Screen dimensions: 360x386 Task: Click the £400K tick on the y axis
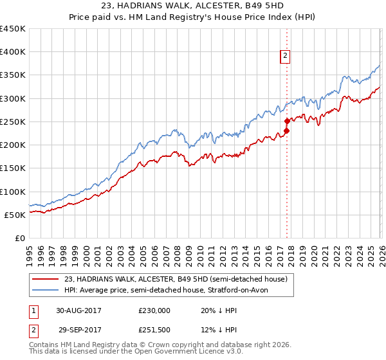tap(13, 52)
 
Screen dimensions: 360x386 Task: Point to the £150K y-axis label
tap(13, 168)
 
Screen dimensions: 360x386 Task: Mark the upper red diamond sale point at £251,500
tap(287, 120)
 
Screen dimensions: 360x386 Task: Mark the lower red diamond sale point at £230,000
tap(287, 131)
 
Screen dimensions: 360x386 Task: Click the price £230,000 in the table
tap(154, 310)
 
